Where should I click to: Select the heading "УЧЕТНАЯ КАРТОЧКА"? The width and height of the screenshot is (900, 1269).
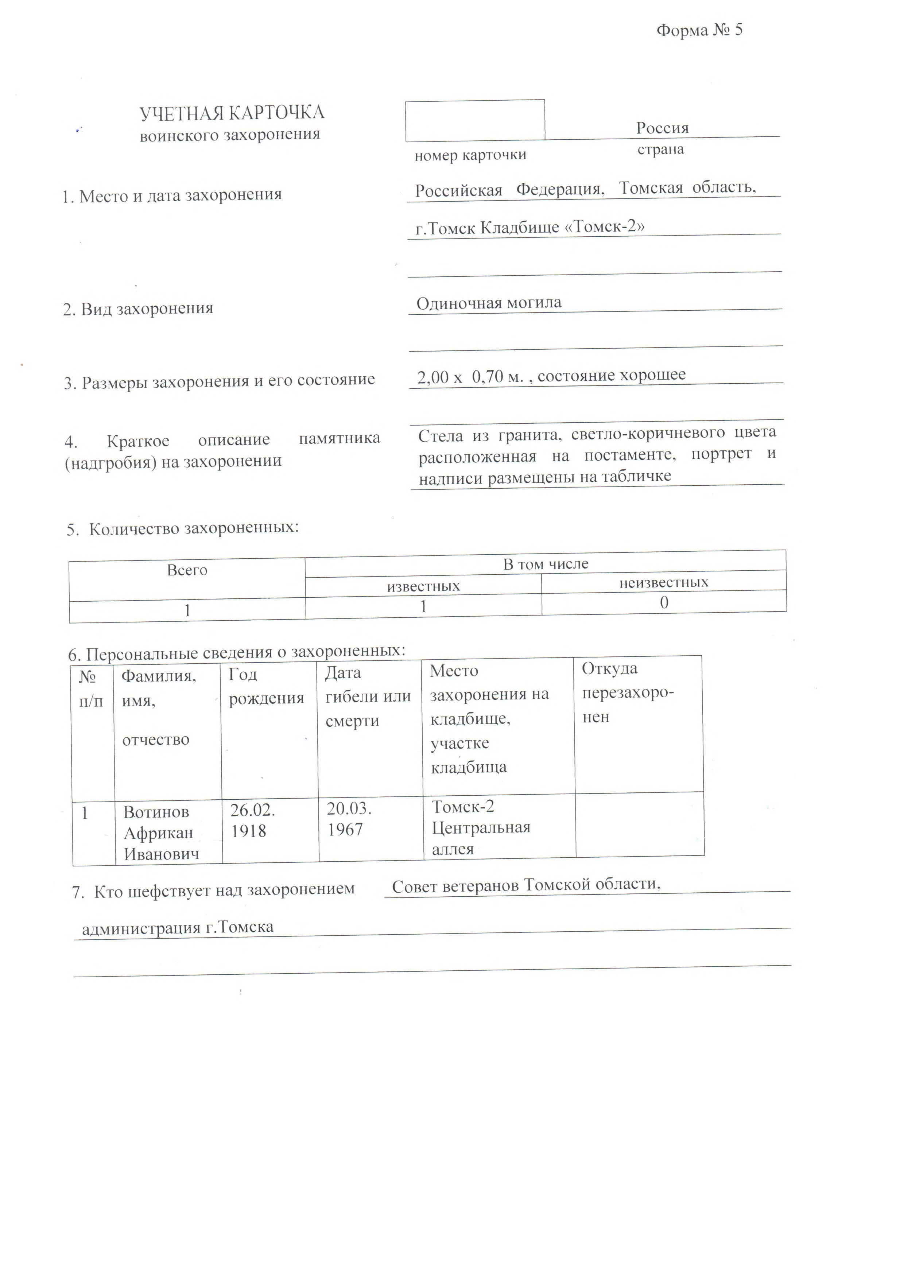pyautogui.click(x=232, y=113)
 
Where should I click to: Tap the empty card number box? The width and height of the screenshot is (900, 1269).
pyautogui.click(x=475, y=121)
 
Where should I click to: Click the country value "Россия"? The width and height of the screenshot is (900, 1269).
pyautogui.click(x=662, y=128)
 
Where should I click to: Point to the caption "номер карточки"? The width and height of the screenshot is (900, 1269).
pyautogui.click(x=470, y=155)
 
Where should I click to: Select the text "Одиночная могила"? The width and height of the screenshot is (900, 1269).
pyautogui.click(x=489, y=303)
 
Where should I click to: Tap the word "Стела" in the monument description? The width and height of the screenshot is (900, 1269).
pyautogui.click(x=440, y=436)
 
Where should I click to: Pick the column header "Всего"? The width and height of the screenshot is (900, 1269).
pyautogui.click(x=187, y=570)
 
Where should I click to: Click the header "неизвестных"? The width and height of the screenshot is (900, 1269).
pyautogui.click(x=664, y=582)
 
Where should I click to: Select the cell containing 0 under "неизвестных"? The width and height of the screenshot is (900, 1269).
pyautogui.click(x=664, y=602)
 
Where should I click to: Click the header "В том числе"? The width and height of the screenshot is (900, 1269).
pyautogui.click(x=545, y=564)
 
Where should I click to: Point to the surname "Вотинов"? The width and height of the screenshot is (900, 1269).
pyautogui.click(x=156, y=812)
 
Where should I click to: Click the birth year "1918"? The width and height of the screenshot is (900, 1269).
pyautogui.click(x=248, y=831)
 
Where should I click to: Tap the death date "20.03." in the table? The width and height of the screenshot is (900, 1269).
pyautogui.click(x=349, y=809)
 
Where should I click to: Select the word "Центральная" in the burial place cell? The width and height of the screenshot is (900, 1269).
pyautogui.click(x=481, y=828)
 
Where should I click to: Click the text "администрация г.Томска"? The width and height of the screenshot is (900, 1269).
pyautogui.click(x=178, y=928)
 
